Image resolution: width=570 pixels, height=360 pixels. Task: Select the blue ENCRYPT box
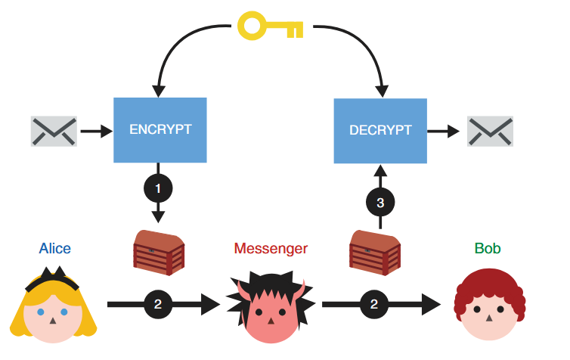[160, 129]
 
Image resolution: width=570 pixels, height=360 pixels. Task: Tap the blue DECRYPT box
[380, 130]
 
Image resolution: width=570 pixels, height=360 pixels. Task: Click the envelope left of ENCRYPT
[54, 131]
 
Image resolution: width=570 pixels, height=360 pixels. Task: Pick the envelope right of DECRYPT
[490, 131]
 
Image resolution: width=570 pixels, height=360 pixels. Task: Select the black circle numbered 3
[380, 202]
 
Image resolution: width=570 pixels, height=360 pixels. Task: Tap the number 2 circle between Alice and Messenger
[158, 305]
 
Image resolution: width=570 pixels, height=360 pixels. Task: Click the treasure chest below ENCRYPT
[159, 252]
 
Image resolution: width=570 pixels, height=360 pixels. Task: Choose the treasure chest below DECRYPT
[374, 252]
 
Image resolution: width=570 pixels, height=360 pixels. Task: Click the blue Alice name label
[55, 248]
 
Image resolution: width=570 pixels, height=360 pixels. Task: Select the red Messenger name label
[271, 248]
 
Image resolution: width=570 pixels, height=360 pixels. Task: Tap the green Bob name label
[487, 248]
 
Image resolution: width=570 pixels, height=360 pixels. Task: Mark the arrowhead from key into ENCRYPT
[160, 90]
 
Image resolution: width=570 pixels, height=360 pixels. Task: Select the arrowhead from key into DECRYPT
[381, 90]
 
